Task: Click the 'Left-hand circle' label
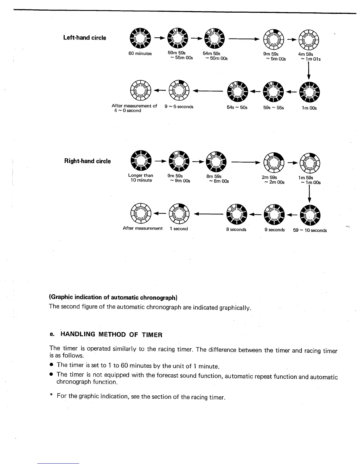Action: click(85, 38)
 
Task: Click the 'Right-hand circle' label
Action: click(87, 161)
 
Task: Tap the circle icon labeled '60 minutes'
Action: click(140, 38)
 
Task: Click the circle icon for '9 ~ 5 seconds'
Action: click(179, 90)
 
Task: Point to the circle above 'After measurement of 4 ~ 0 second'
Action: click(140, 90)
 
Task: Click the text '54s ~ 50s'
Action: click(237, 108)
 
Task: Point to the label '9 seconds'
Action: click(274, 230)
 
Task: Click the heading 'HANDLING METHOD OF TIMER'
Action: click(111, 334)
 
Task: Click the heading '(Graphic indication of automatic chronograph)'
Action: click(113, 297)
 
